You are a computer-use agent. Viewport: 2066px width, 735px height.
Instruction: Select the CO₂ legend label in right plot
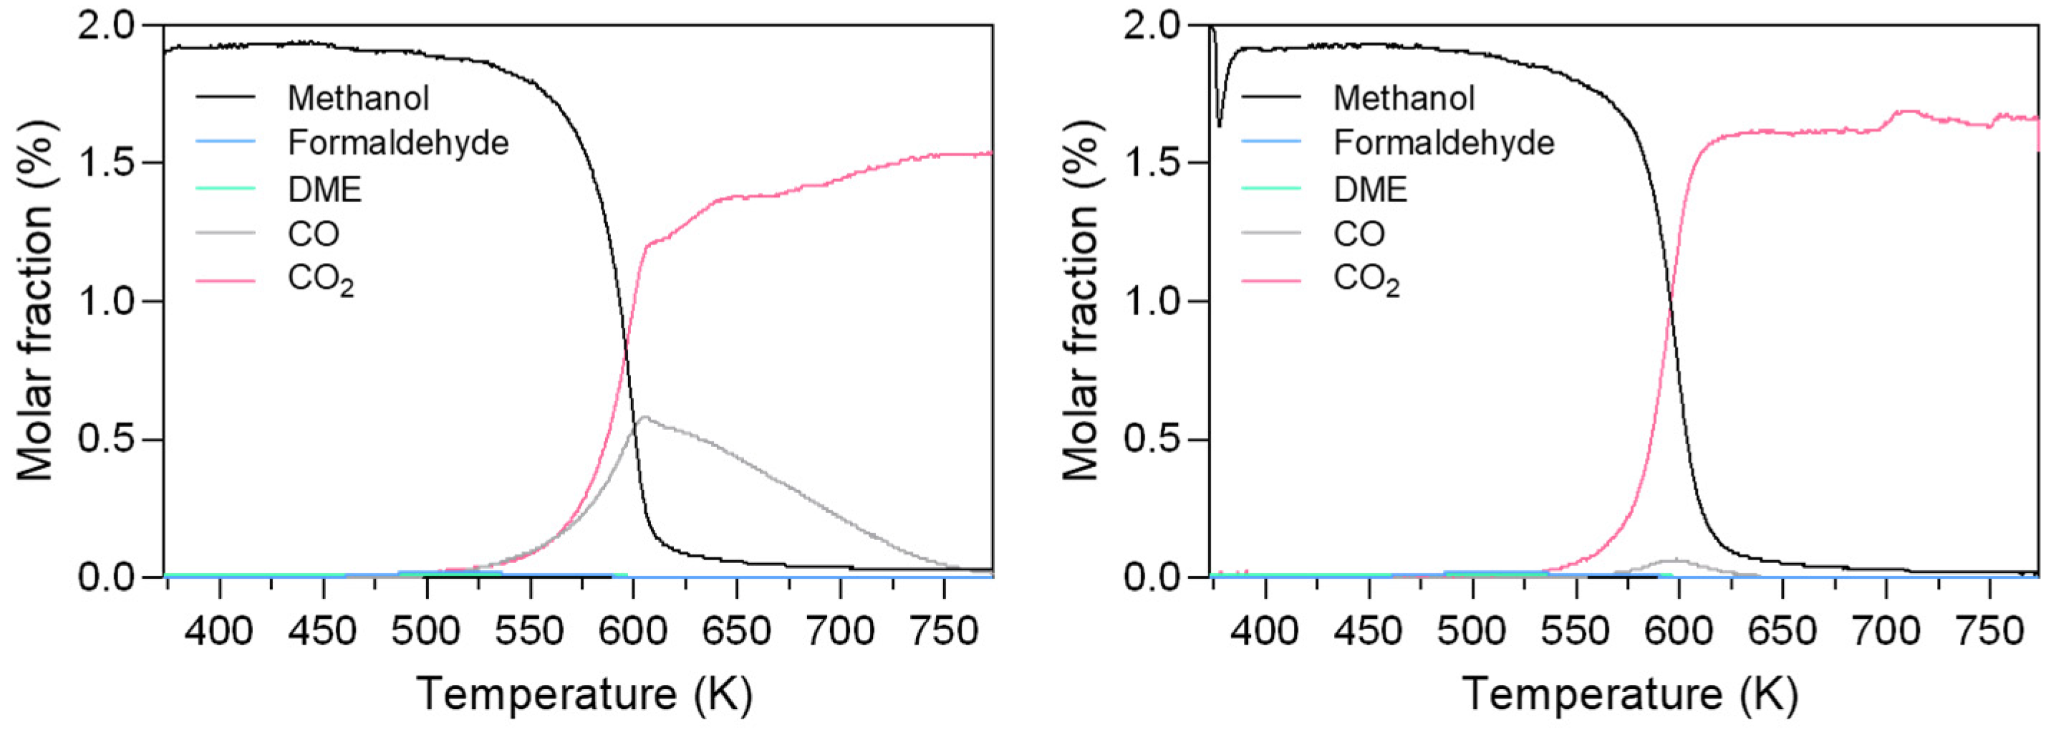pyautogui.click(x=1366, y=280)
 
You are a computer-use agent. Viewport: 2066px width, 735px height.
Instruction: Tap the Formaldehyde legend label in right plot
pyautogui.click(x=1444, y=143)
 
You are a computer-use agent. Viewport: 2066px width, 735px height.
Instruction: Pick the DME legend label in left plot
pyautogui.click(x=325, y=189)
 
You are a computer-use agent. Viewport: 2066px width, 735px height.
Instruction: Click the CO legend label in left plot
pyautogui.click(x=314, y=234)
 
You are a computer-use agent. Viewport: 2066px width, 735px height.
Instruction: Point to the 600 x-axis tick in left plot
pyautogui.click(x=633, y=630)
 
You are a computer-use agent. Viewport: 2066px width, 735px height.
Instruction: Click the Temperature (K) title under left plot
pyautogui.click(x=584, y=693)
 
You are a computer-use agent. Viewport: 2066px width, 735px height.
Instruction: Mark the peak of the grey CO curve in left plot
pyautogui.click(x=644, y=417)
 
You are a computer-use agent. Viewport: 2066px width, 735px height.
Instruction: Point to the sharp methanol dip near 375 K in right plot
pyautogui.click(x=1220, y=125)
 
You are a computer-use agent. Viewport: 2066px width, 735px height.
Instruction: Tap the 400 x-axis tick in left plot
pyautogui.click(x=220, y=630)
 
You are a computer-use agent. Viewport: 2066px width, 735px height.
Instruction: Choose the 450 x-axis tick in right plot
pyautogui.click(x=1369, y=630)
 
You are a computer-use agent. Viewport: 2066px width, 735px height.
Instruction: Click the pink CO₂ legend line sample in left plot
pyautogui.click(x=226, y=281)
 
